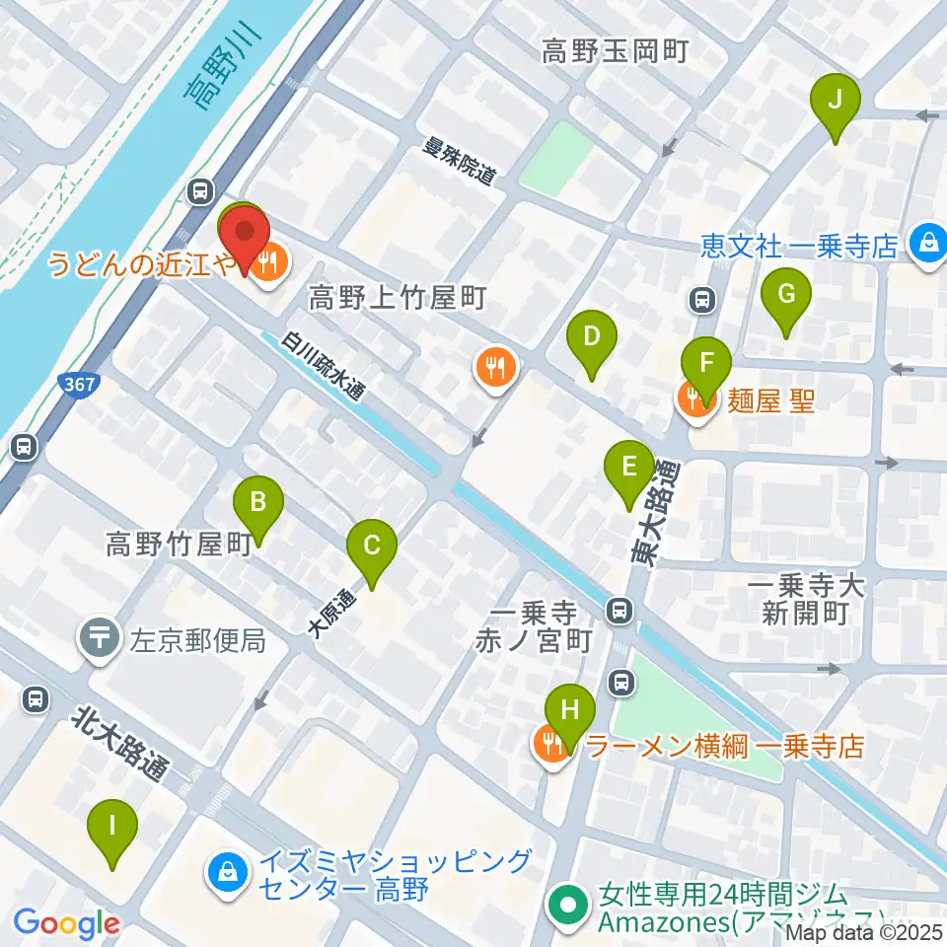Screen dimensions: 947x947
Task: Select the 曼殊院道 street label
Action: point(459,162)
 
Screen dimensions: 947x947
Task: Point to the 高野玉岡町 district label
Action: point(614,51)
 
